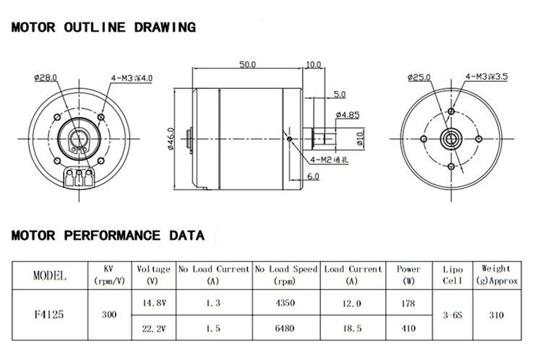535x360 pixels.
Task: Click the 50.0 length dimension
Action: tap(247, 64)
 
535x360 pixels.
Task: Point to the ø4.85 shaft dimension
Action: tap(347, 115)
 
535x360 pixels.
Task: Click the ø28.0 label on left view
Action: tap(45, 78)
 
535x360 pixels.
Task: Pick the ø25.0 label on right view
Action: tap(419, 77)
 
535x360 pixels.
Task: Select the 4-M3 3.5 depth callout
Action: tap(487, 76)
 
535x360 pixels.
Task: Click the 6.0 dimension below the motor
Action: tap(313, 176)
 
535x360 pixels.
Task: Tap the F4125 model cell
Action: tap(49, 314)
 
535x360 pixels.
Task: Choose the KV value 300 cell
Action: tap(109, 314)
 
